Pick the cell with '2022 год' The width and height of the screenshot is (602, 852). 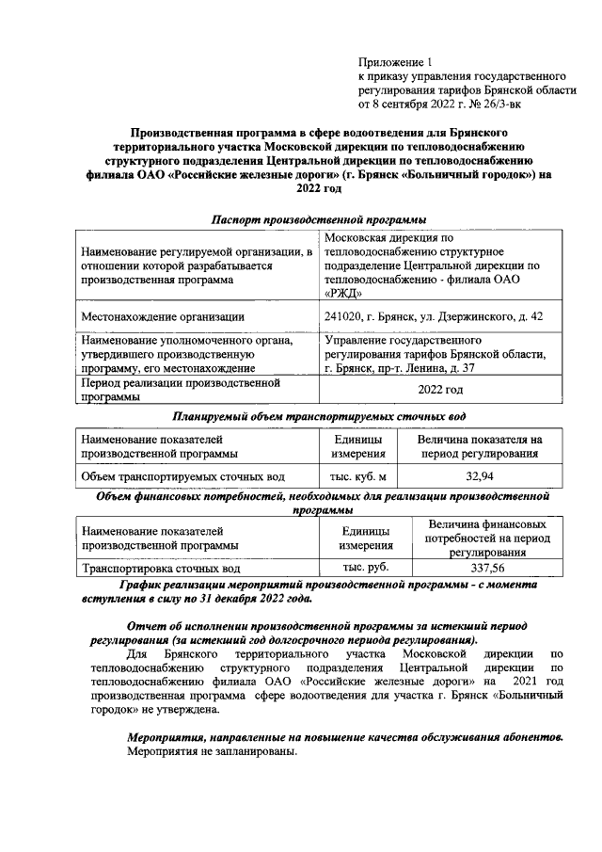coord(439,390)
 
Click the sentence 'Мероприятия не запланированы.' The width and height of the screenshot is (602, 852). coord(214,754)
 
